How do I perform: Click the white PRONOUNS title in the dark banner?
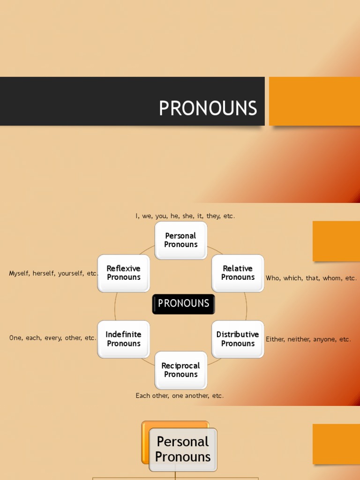point(208,108)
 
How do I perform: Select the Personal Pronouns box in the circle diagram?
point(181,240)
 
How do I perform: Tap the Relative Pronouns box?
point(238,273)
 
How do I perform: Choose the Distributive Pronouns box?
point(238,339)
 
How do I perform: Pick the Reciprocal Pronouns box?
point(181,370)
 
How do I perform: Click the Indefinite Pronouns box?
point(123,339)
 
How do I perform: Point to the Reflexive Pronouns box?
point(123,273)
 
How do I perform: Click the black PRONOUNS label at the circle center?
point(183,304)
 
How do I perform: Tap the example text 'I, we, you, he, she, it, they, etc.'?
point(185,216)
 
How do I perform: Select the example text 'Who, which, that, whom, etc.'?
point(311,278)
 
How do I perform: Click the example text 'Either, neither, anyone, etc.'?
point(308,339)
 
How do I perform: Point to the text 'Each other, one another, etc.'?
point(180,396)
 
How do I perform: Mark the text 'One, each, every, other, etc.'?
point(52,337)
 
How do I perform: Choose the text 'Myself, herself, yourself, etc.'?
point(53,273)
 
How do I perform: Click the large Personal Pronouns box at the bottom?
point(183,449)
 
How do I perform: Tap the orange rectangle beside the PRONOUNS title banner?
point(315,101)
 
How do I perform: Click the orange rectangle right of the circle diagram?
point(336,241)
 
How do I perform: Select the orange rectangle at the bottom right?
point(336,444)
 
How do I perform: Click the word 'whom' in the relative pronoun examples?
point(332,278)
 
